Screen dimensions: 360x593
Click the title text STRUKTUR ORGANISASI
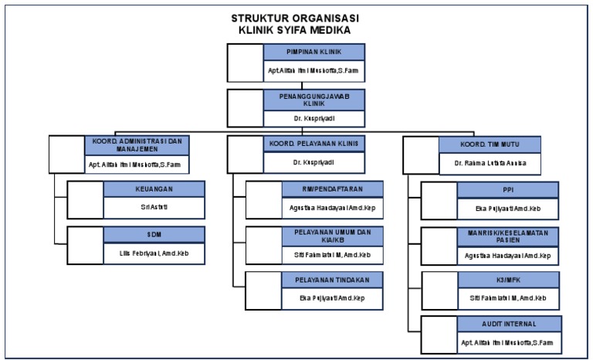(296, 19)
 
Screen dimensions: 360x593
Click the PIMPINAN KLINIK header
(314, 53)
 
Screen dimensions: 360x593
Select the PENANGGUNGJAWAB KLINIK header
(314, 100)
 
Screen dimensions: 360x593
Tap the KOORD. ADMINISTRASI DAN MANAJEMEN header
(137, 144)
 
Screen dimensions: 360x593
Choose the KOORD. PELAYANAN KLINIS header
(314, 144)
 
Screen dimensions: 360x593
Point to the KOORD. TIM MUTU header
(490, 144)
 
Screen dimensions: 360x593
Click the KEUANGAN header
(154, 189)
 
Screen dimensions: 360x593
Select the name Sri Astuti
(154, 208)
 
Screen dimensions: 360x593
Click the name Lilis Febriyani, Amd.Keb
(154, 254)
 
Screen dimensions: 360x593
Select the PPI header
(507, 189)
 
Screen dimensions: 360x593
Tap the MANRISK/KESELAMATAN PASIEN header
(507, 235)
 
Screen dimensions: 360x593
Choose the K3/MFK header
(507, 279)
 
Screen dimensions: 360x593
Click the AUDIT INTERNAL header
(507, 324)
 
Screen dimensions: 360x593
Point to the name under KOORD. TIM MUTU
(490, 164)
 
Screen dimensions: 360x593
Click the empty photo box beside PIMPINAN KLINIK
(246, 63)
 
